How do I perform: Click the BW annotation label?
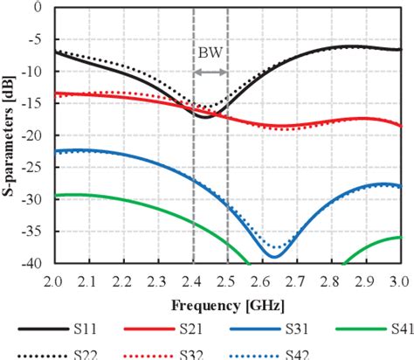[x=210, y=52]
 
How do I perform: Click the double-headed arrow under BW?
[x=210, y=72]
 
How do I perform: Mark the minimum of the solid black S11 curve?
[x=204, y=116]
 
